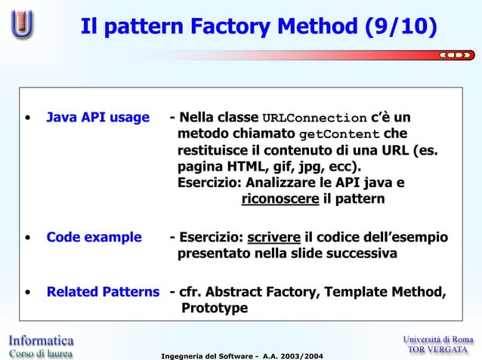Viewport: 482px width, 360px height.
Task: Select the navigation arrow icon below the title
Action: coord(456,54)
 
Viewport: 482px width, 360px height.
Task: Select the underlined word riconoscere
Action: coord(280,199)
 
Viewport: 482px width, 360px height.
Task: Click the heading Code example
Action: coord(94,238)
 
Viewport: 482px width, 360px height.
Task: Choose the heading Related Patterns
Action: coord(104,292)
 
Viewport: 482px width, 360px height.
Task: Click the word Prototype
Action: coord(215,309)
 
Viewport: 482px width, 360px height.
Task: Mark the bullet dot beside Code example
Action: coord(27,238)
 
